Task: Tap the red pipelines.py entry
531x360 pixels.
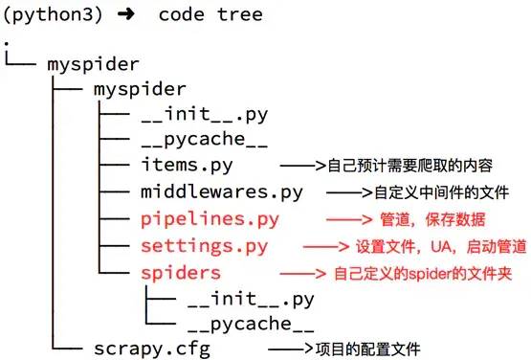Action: [x=210, y=219]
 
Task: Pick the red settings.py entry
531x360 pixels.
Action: [x=204, y=247]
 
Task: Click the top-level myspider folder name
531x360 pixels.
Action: [x=93, y=64]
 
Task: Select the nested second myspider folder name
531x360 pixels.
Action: [x=140, y=89]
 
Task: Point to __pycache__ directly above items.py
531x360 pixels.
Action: [x=202, y=141]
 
